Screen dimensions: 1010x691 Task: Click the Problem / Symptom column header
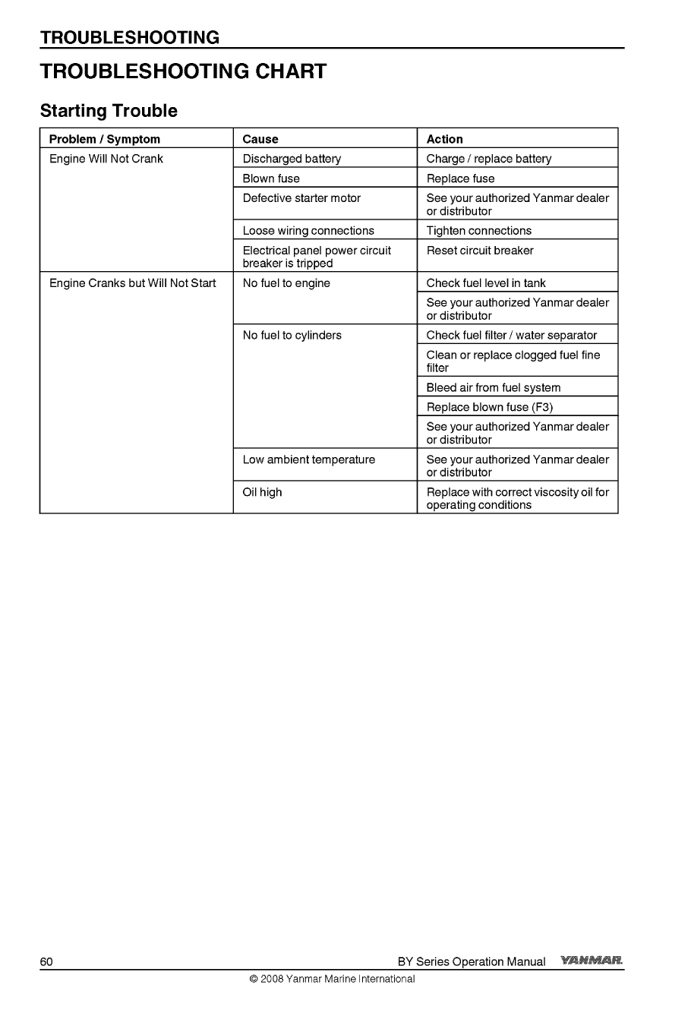(105, 139)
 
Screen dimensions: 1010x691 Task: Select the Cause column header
(260, 139)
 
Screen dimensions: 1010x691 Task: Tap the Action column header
(444, 139)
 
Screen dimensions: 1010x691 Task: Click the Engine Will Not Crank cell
(106, 159)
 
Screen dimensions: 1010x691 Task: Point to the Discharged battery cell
(292, 159)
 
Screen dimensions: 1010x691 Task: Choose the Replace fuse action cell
(460, 178)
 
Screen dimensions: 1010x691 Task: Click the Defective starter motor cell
(301, 198)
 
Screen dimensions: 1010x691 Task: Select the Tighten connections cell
(479, 231)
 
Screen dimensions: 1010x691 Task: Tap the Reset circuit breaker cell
(480, 251)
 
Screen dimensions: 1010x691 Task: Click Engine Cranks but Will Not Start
(133, 283)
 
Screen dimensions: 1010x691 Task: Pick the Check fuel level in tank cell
(486, 283)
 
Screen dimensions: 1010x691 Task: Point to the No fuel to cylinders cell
(292, 335)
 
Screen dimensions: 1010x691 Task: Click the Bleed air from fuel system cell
(494, 387)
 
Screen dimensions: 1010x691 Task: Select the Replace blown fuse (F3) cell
(490, 407)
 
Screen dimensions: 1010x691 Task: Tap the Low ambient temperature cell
(309, 459)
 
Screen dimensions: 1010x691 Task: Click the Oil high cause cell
(262, 492)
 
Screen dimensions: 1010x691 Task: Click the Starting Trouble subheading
(109, 111)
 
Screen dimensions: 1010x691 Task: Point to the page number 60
(46, 961)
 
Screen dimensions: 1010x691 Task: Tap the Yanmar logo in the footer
(592, 961)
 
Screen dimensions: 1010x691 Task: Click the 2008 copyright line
(332, 979)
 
